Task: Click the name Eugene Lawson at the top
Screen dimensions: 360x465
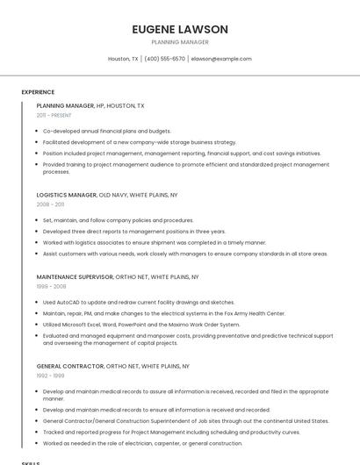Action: [x=180, y=29]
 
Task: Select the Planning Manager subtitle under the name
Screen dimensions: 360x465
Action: [x=180, y=42]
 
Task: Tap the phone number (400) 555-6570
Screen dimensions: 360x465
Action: [x=164, y=59]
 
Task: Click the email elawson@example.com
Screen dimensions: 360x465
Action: [x=221, y=59]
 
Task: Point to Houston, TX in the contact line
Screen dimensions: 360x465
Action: [x=123, y=59]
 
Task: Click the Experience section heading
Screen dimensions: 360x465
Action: [x=38, y=92]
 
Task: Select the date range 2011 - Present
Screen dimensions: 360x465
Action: [x=54, y=115]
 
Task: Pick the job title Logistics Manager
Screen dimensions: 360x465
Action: [x=66, y=195]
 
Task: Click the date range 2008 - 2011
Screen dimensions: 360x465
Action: [x=50, y=204]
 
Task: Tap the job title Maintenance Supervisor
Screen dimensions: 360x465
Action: [x=75, y=276]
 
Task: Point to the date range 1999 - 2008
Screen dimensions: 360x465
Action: [x=51, y=286]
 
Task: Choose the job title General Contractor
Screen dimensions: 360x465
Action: [x=69, y=366]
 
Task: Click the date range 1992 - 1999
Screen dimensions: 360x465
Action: [x=50, y=376]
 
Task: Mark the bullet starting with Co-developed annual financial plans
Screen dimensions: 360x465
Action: [x=106, y=131]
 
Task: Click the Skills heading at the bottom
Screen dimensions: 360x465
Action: [x=31, y=461]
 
